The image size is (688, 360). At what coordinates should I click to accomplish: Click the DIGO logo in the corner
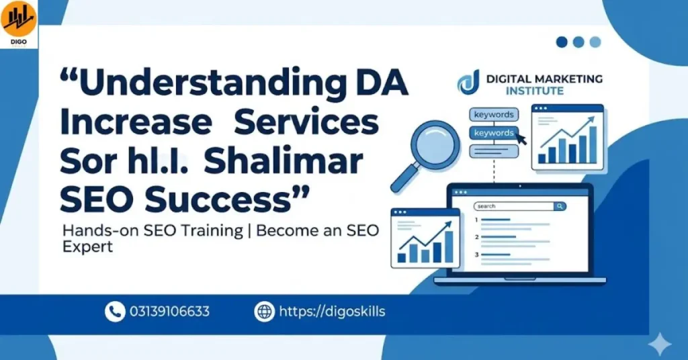click(18, 24)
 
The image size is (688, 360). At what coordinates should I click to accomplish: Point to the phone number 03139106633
click(169, 312)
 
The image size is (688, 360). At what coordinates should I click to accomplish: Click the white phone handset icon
click(115, 312)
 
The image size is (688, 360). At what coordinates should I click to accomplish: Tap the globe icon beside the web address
click(265, 312)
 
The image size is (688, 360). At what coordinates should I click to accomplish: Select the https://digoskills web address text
click(332, 312)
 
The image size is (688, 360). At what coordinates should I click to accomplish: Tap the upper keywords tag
click(494, 115)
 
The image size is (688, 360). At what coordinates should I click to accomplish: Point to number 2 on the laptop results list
click(476, 236)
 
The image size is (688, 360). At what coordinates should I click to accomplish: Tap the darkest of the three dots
click(562, 42)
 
